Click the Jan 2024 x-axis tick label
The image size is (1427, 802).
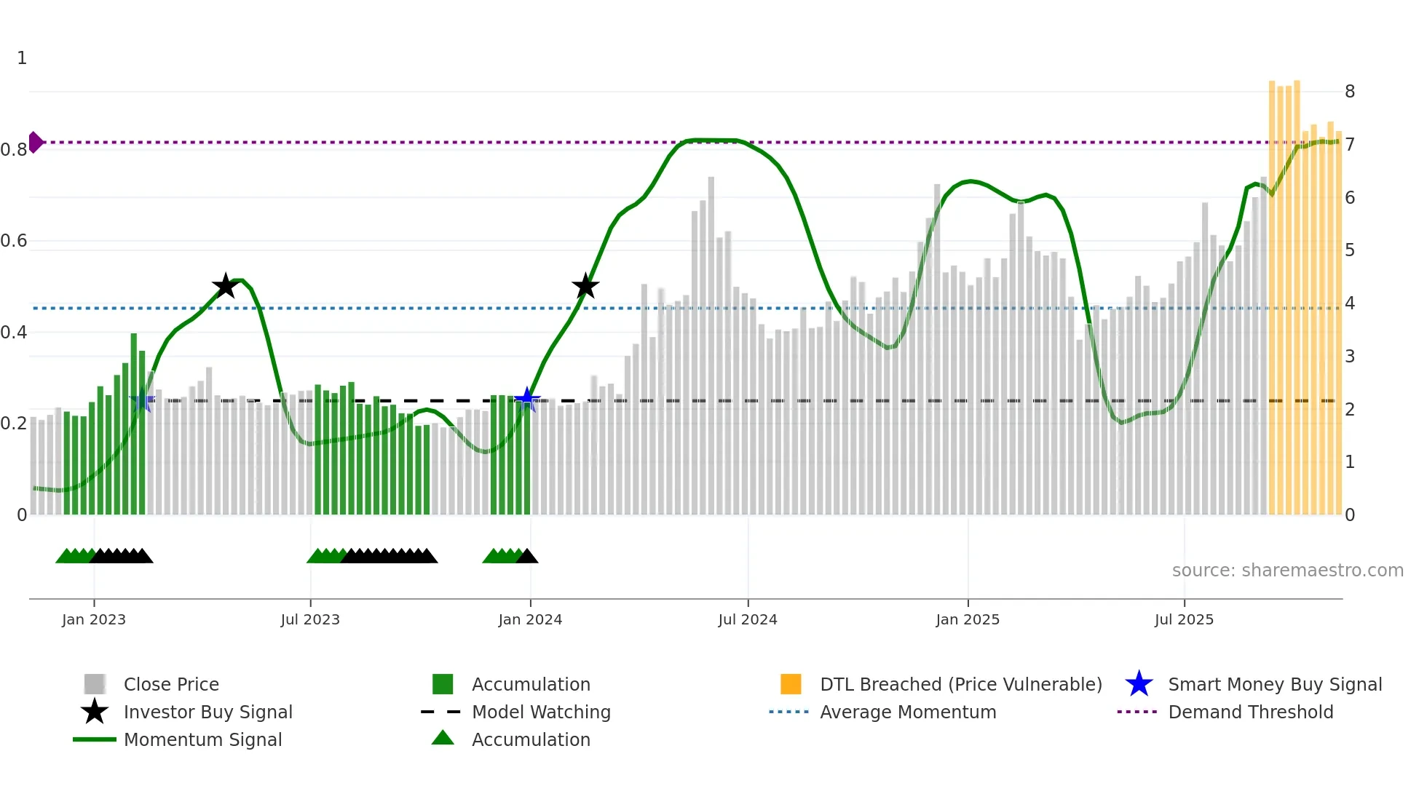(530, 619)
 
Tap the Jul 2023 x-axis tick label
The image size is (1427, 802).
(310, 619)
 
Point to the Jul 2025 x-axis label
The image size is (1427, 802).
(1184, 619)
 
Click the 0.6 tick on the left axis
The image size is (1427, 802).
(15, 241)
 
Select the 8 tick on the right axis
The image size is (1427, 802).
(1350, 92)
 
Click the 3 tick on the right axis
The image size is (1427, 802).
(1350, 357)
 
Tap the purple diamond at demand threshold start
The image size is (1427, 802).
(35, 142)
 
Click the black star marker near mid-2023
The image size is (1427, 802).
(226, 286)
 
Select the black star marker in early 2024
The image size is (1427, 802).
(585, 286)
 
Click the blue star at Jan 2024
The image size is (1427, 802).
(527, 400)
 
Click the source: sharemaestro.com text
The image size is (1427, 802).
(1287, 571)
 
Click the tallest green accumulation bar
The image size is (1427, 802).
(134, 422)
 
